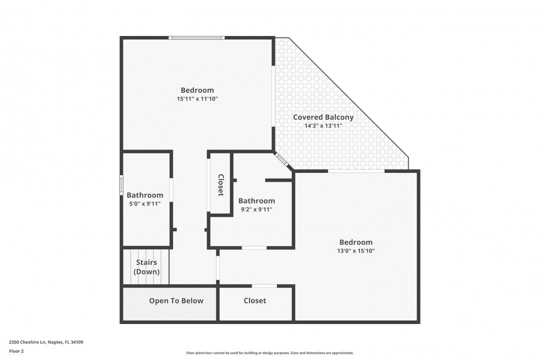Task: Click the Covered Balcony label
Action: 323,117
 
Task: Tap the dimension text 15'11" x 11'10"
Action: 197,99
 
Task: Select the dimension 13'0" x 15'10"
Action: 355,251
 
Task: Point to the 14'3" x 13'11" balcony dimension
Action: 323,126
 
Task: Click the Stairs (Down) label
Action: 146,267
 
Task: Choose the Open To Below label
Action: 176,300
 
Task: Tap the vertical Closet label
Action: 220,185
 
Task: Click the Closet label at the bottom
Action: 255,300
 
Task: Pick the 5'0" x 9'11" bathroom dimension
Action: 144,203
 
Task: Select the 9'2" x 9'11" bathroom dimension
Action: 256,209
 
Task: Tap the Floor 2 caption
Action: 16,351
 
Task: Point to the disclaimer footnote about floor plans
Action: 270,353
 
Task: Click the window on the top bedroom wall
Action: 196,37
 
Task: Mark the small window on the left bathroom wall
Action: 121,184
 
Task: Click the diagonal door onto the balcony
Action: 282,160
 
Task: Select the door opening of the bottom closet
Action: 264,286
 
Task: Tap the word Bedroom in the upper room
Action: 197,90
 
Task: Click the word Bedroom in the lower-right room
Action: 355,242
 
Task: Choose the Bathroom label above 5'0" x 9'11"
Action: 144,195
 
